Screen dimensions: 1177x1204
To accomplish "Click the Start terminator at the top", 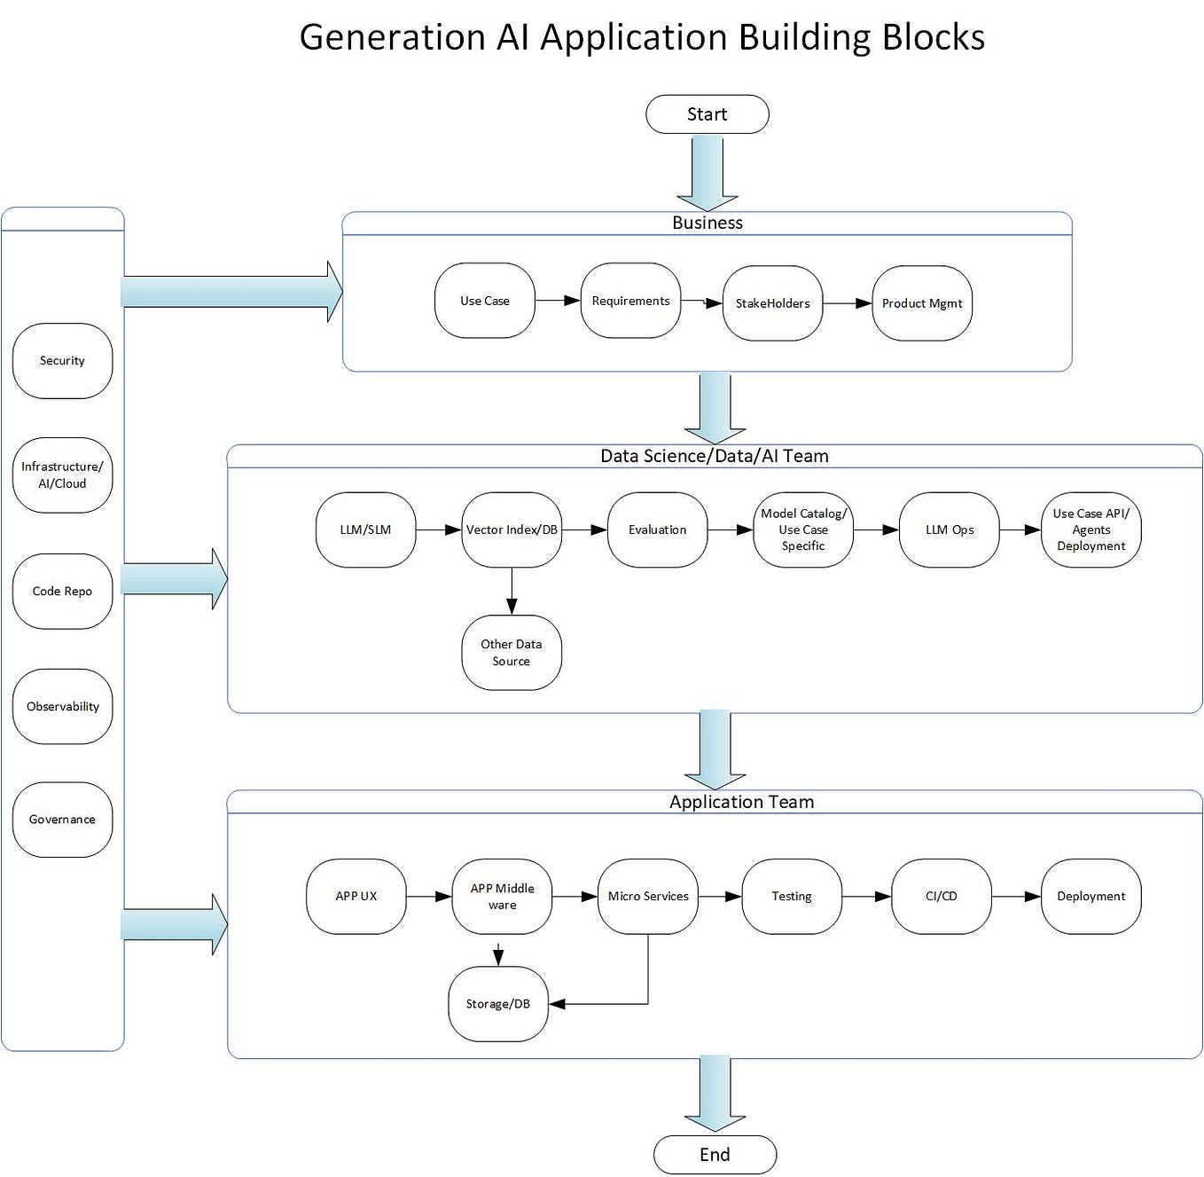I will click(x=707, y=114).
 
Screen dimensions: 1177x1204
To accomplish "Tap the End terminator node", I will click(x=715, y=1154).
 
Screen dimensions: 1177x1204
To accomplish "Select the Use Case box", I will click(x=485, y=301).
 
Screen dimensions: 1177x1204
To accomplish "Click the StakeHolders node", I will click(x=772, y=303).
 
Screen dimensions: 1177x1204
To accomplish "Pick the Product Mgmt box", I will click(x=922, y=303).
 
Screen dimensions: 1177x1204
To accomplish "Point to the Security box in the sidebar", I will click(x=62, y=361).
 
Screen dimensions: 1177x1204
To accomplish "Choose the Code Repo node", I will click(x=62, y=592).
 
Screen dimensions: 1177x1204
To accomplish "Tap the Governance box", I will click(x=62, y=820).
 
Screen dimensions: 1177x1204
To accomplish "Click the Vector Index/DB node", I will click(x=512, y=530).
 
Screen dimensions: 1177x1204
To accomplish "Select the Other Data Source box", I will click(x=512, y=653).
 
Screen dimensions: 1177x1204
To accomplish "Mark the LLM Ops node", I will click(x=950, y=530).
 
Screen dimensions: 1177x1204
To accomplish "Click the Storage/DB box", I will click(x=498, y=1004).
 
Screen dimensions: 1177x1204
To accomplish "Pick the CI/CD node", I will click(x=942, y=896).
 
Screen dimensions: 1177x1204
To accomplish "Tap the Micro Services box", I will click(x=648, y=896).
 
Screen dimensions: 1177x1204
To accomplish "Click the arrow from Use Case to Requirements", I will click(x=558, y=301).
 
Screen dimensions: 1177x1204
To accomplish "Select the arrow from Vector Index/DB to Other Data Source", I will click(x=512, y=591).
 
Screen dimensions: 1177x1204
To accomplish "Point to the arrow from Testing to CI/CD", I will click(x=866, y=896).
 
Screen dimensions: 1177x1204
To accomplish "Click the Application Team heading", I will click(x=741, y=802).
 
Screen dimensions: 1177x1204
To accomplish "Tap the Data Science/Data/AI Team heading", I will click(x=715, y=456).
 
